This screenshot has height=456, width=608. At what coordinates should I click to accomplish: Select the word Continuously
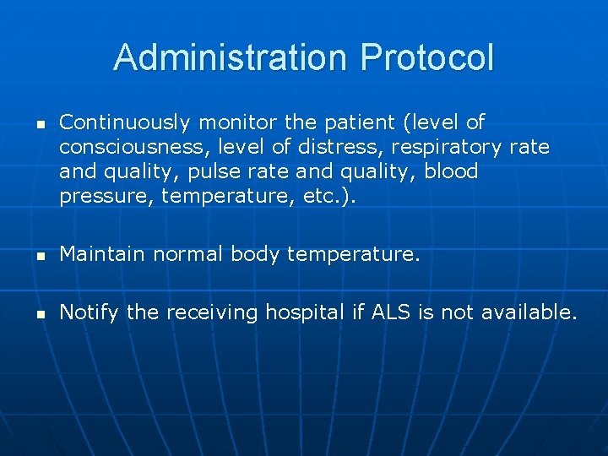(124, 123)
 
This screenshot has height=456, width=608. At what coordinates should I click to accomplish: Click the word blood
(451, 172)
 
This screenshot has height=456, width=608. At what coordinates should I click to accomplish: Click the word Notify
(90, 312)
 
